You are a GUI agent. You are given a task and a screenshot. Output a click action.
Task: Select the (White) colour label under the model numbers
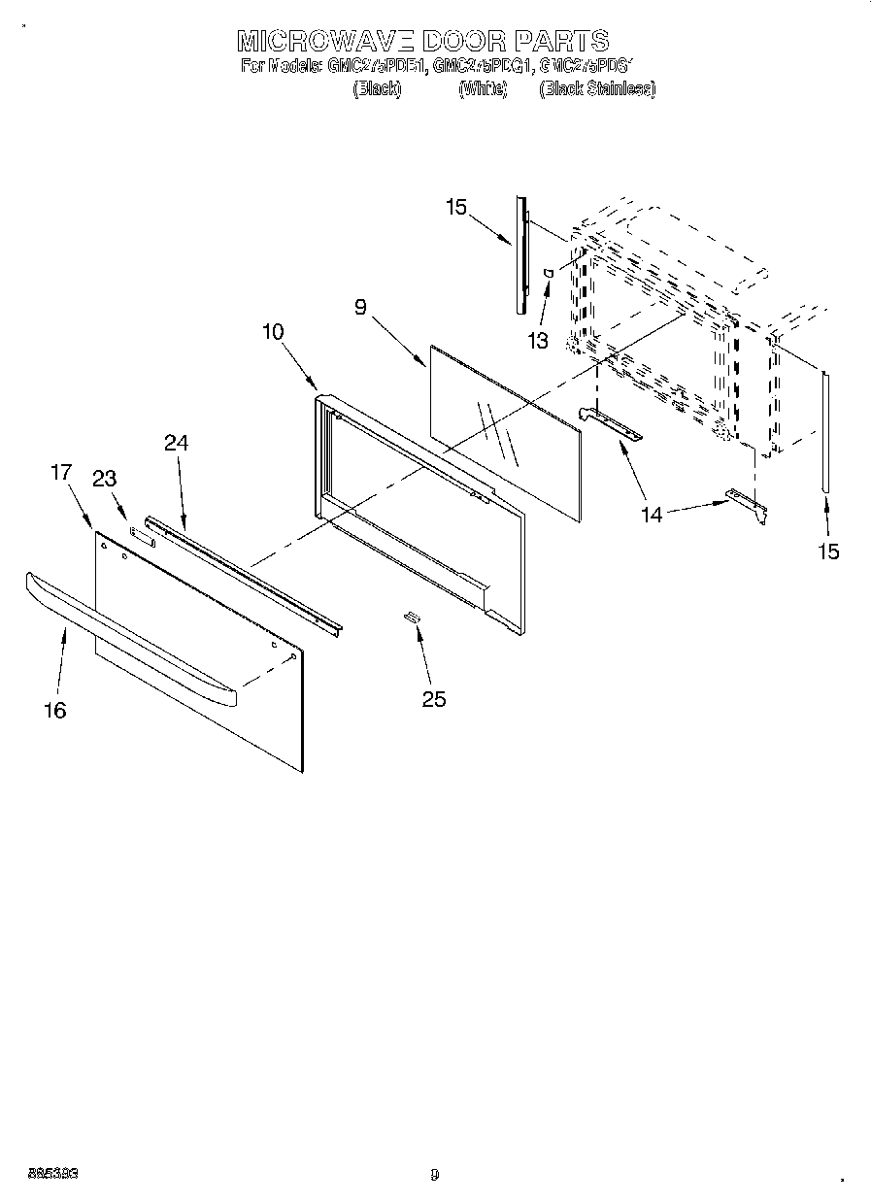(x=482, y=88)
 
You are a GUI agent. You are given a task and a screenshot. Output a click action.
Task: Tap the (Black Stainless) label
(x=597, y=88)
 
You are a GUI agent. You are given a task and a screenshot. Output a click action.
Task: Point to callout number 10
(x=273, y=331)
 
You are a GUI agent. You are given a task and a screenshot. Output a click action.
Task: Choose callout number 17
(x=61, y=473)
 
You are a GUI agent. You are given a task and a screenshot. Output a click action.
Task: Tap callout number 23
(x=104, y=478)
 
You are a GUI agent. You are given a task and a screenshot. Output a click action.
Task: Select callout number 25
(x=434, y=698)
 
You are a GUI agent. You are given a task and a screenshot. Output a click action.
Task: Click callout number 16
(x=55, y=711)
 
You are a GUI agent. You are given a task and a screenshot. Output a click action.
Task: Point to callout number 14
(x=652, y=515)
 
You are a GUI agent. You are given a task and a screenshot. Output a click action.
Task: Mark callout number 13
(x=537, y=341)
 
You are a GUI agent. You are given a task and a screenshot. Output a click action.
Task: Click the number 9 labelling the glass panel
(x=360, y=308)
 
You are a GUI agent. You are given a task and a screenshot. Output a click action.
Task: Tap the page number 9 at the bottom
(x=435, y=1175)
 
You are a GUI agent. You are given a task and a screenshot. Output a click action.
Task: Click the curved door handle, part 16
(x=126, y=639)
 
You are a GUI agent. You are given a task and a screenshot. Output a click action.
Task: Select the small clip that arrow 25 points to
(x=412, y=617)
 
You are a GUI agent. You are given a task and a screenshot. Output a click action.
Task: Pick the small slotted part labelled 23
(x=142, y=534)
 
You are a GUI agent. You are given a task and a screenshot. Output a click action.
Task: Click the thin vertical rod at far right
(x=825, y=432)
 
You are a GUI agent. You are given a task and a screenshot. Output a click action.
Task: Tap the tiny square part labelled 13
(x=549, y=274)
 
